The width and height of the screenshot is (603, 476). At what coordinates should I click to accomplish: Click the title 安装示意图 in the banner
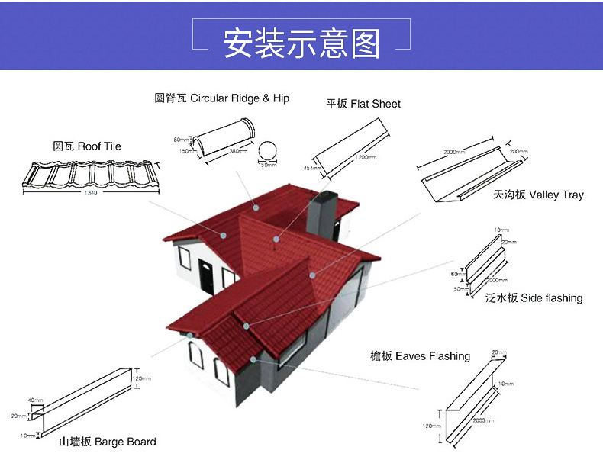(301, 44)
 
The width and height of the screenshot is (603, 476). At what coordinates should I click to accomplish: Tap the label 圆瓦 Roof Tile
(87, 146)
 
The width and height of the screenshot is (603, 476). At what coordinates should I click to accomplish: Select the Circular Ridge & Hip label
(222, 98)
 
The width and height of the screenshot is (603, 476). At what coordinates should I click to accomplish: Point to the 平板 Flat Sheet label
(363, 104)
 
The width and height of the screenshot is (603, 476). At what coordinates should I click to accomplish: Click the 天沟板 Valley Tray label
(538, 195)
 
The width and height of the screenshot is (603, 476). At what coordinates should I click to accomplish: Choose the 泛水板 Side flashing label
(534, 297)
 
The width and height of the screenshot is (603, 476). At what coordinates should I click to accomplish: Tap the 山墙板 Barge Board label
(108, 442)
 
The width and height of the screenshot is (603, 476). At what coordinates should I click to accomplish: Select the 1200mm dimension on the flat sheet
(366, 157)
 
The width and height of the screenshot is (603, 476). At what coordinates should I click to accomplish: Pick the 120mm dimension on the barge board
(142, 378)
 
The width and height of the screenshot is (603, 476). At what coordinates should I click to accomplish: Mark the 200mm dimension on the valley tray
(518, 152)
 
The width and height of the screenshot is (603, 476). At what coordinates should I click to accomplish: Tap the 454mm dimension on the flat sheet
(311, 167)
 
